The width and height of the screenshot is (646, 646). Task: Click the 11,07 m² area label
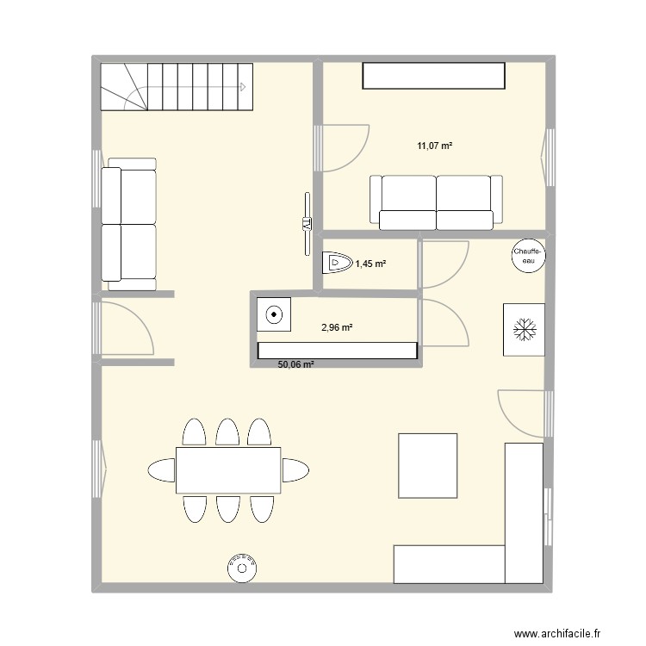435,146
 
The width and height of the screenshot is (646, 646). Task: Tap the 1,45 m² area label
370,263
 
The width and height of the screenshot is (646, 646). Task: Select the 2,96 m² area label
338,326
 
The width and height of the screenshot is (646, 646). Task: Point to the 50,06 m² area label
295,364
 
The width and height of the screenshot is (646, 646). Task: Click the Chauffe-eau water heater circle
526,256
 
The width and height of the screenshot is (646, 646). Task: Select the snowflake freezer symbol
524,328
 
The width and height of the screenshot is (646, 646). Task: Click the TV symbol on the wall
306,224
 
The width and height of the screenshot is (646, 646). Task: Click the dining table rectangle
228,470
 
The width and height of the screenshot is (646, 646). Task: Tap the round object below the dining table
242,567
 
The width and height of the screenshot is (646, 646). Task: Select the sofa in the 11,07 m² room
435,202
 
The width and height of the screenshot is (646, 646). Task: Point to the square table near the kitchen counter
427,465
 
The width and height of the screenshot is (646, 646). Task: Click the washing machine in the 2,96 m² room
275,315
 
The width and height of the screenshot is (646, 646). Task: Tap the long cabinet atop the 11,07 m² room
433,76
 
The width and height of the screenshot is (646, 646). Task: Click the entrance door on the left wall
121,328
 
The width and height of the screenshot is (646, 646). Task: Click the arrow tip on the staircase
246,86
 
